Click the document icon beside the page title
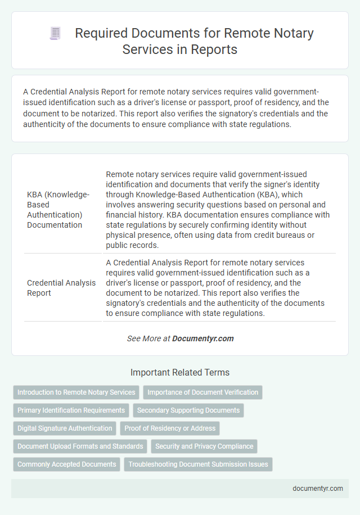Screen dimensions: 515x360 pyautogui.click(x=56, y=34)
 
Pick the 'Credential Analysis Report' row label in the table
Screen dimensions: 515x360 pyautogui.click(x=61, y=288)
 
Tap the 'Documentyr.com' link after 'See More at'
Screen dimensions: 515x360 pyautogui.click(x=203, y=338)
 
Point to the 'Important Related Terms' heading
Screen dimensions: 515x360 pyautogui.click(x=180, y=372)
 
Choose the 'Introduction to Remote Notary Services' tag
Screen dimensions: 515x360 pyautogui.click(x=76, y=392)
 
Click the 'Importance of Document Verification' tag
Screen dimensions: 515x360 pyautogui.click(x=202, y=392)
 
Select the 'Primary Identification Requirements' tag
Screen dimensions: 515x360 pyautogui.click(x=71, y=410)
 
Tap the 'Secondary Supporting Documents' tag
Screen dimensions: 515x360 pyautogui.click(x=188, y=410)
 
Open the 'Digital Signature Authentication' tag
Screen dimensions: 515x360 pyautogui.click(x=65, y=428)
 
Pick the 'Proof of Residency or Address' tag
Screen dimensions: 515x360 pyautogui.click(x=170, y=428)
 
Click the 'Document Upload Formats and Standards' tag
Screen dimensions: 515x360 pyautogui.click(x=80, y=446)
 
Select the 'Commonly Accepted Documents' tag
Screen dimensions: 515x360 pyautogui.click(x=66, y=464)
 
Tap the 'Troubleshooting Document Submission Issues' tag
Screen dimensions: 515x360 pyautogui.click(x=198, y=464)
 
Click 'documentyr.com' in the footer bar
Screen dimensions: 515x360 pyautogui.click(x=318, y=488)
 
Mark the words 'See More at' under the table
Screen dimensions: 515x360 pyautogui.click(x=148, y=338)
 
